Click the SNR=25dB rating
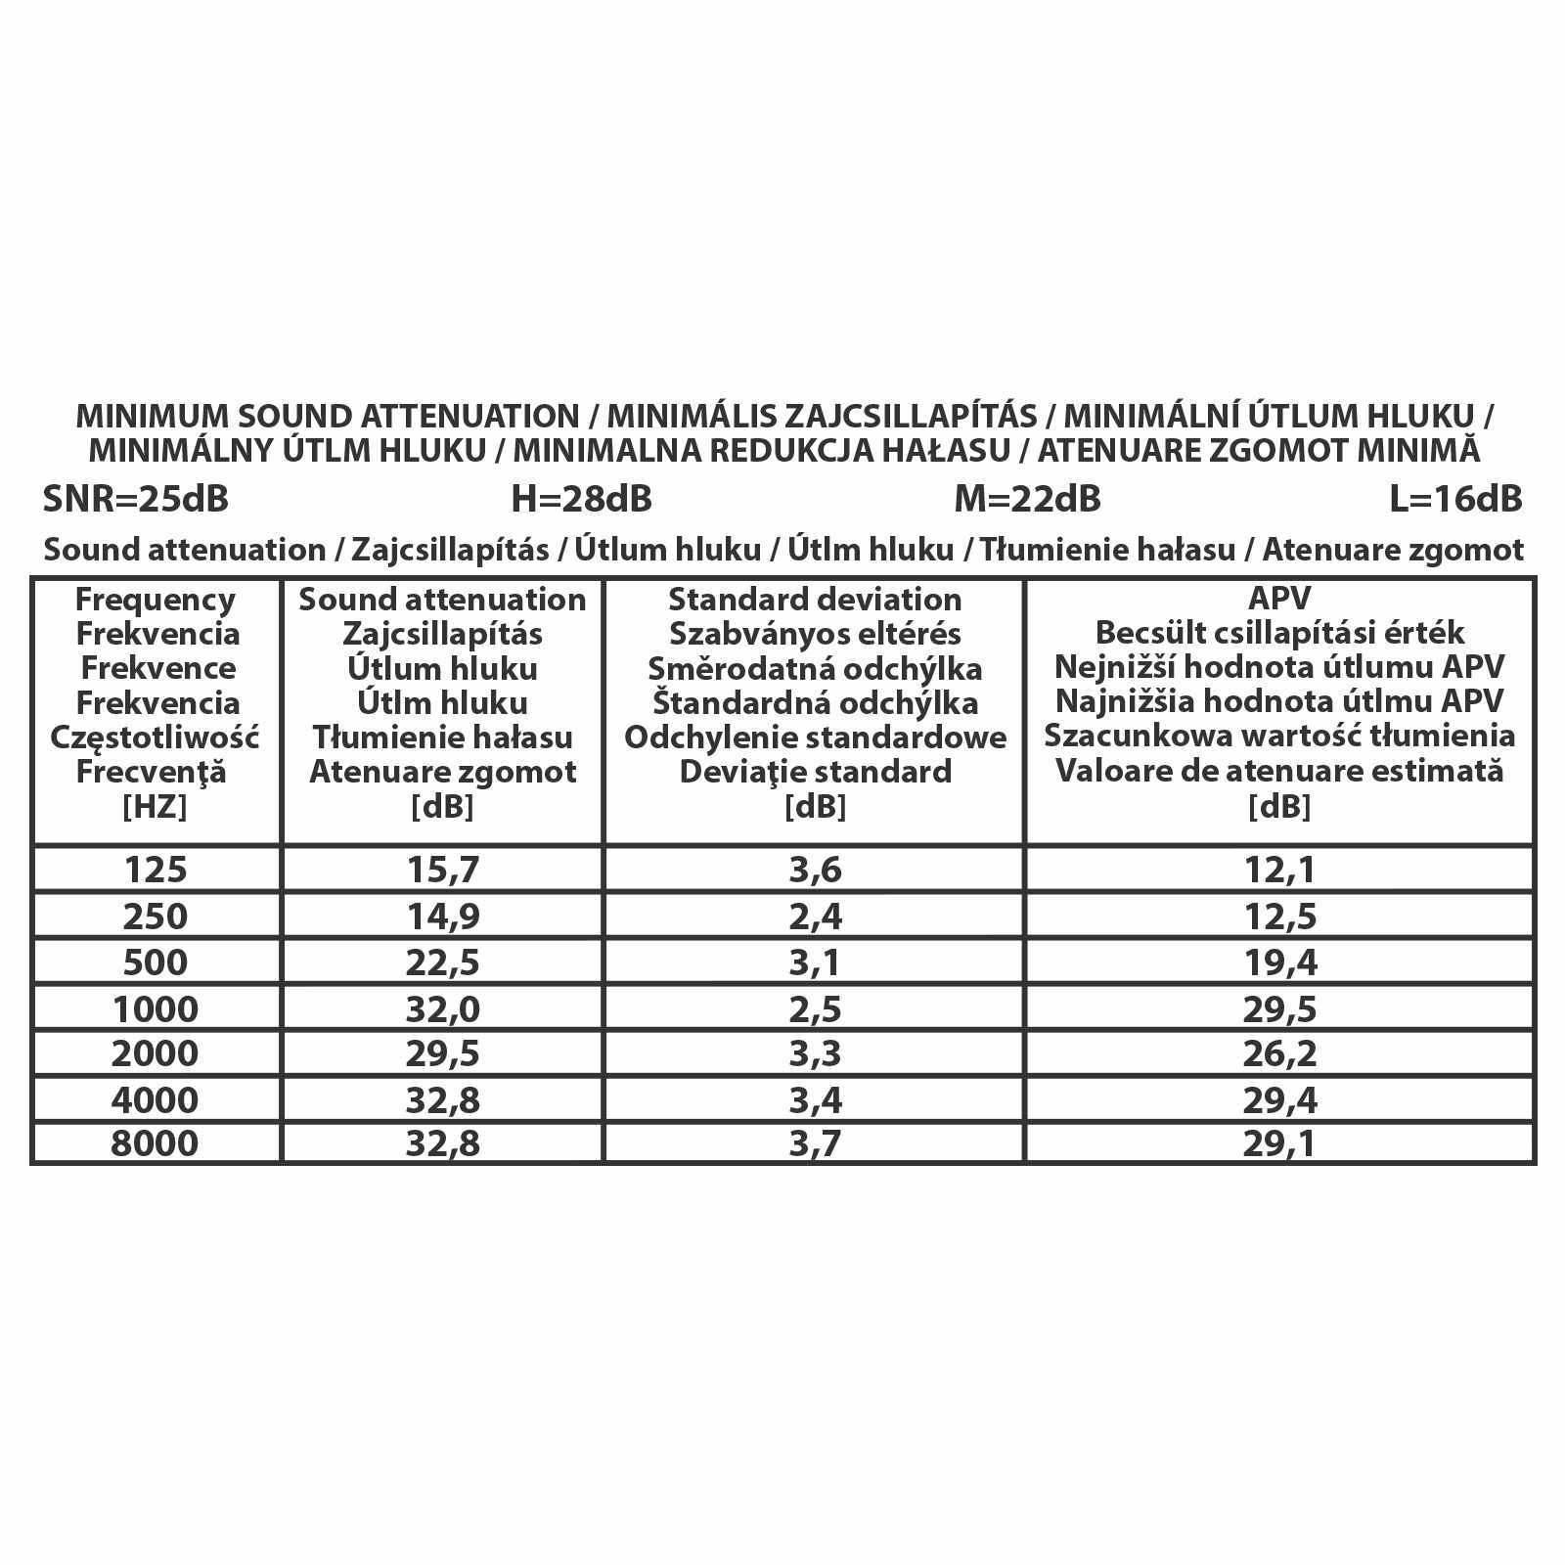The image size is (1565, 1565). tap(136, 499)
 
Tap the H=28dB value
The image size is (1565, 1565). tap(581, 499)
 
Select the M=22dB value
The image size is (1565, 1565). tap(1027, 499)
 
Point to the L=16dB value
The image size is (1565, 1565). tap(1455, 499)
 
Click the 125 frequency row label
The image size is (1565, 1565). tap(156, 870)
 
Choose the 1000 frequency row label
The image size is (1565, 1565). tap(156, 1009)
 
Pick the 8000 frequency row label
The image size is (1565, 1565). tap(156, 1143)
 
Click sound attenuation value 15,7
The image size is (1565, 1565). tap(442, 870)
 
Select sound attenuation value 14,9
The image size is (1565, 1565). tap(442, 917)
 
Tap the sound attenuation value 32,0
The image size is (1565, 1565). tap(442, 1009)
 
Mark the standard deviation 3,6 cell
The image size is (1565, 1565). tap(815, 870)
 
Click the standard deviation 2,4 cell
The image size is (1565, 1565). tap(815, 917)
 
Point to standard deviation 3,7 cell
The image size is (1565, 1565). tap(815, 1143)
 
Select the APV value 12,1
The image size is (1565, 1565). tap(1279, 870)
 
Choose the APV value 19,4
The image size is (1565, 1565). tap(1279, 963)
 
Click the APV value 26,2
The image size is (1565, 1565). tap(1279, 1054)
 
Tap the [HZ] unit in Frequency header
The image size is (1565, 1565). tap(156, 807)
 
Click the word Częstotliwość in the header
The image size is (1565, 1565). tap(156, 738)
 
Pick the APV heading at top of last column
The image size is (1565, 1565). tap(1279, 599)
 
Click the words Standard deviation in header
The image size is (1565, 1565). tap(815, 600)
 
